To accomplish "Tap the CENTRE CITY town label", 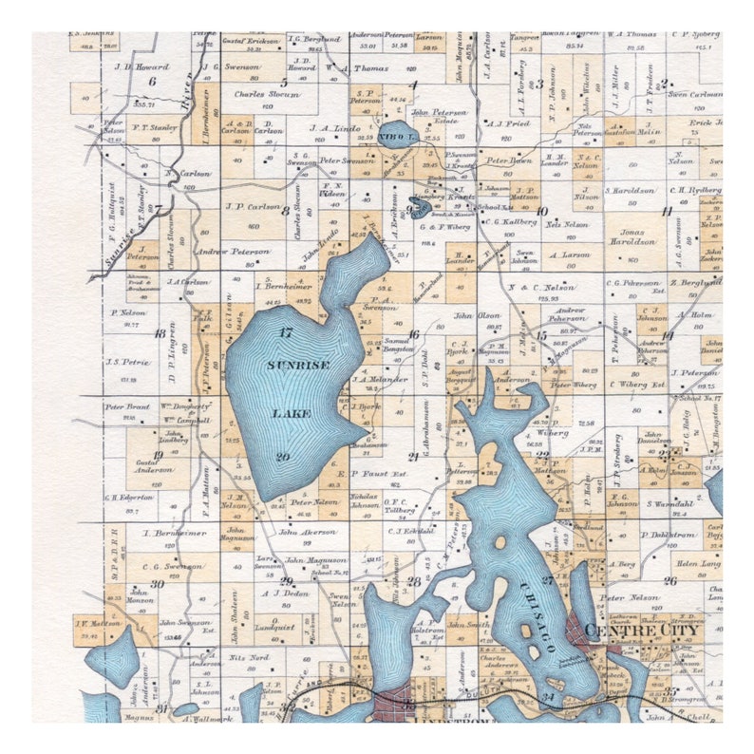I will [x=643, y=630].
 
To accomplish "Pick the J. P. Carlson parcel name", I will [x=253, y=206].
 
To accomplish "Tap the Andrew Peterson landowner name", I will [x=233, y=251].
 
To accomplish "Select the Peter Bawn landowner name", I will [x=508, y=160].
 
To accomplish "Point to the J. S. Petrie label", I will [x=128, y=361].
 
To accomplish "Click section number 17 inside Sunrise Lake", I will [x=285, y=331].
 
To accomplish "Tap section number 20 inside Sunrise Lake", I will [x=283, y=457].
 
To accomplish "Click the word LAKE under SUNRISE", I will [x=286, y=413].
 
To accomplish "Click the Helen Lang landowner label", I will [x=698, y=563].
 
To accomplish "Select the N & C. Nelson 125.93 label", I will [x=541, y=287].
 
